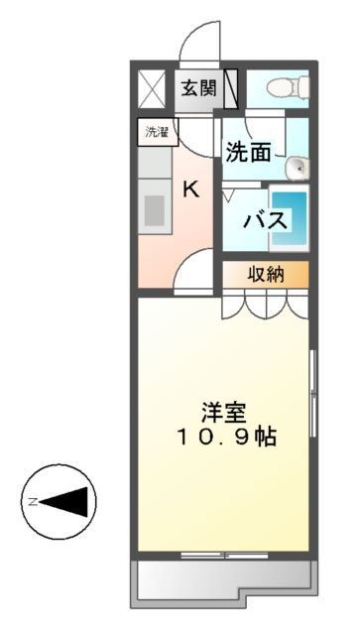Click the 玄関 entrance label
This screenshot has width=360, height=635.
click(x=197, y=87)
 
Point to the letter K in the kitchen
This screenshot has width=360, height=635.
click(x=191, y=190)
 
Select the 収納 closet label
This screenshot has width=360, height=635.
click(x=265, y=274)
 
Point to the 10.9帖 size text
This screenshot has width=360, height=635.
click(x=227, y=436)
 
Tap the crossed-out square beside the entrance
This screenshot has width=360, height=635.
click(x=154, y=88)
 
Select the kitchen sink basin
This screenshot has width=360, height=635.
click(x=155, y=210)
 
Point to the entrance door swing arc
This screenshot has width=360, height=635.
click(x=197, y=45)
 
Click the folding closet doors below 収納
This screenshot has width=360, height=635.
click(x=265, y=304)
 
